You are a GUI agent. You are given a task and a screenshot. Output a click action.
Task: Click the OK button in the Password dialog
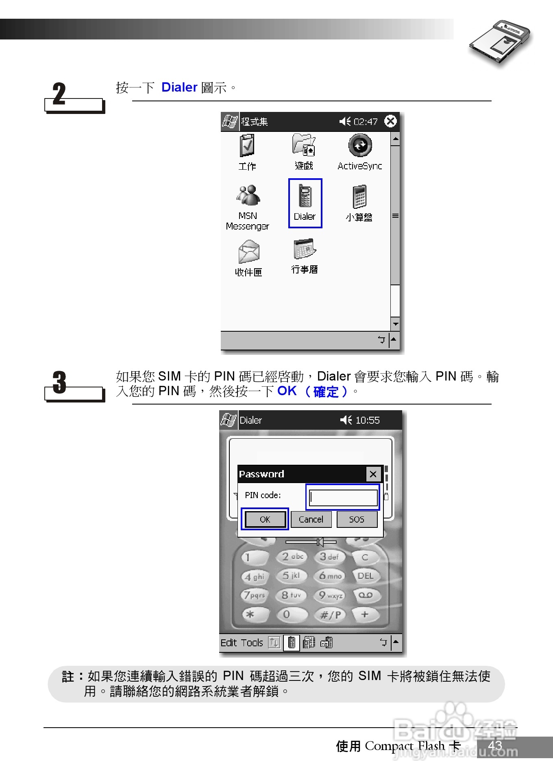click(x=265, y=519)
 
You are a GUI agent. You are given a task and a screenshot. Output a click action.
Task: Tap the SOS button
click(x=357, y=519)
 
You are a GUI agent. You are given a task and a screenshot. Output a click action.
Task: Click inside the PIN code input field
click(x=343, y=497)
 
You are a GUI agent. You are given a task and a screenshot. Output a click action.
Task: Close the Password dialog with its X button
click(x=373, y=474)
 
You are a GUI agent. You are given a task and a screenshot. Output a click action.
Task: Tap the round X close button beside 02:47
click(x=390, y=121)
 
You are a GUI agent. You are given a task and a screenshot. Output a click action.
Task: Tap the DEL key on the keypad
click(x=365, y=576)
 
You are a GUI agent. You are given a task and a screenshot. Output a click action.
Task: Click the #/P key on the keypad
click(x=331, y=615)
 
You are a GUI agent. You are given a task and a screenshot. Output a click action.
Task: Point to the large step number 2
click(x=59, y=94)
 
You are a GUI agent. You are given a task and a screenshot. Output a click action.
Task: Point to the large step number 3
click(x=59, y=383)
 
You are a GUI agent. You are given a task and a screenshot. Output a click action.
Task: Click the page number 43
click(x=495, y=746)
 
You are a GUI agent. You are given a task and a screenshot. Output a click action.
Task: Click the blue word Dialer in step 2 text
click(x=179, y=87)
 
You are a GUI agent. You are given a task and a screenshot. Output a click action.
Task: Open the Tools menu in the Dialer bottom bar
click(x=252, y=643)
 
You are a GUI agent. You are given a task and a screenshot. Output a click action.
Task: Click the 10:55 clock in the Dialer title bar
click(x=367, y=420)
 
